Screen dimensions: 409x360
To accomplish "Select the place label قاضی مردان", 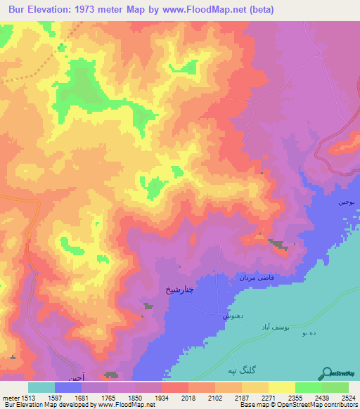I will click(255, 278).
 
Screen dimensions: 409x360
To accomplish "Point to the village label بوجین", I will click(349, 202).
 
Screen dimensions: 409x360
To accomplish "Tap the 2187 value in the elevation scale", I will click(242, 398).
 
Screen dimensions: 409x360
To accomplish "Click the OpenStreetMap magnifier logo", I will click(326, 374).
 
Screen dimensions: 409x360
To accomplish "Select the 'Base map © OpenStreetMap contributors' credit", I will click(298, 405).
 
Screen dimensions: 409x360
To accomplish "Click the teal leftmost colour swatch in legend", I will click(41, 387).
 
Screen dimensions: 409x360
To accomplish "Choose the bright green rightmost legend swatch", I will click(335, 387).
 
